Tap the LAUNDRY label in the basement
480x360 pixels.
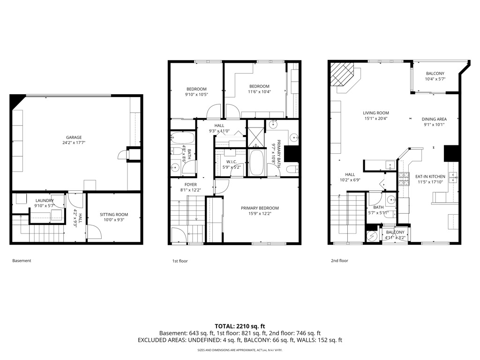[x=44, y=201]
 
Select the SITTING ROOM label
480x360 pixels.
[x=113, y=215]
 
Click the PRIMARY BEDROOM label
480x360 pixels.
[x=260, y=208]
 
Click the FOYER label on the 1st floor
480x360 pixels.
[x=191, y=184]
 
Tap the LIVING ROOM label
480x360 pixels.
[x=375, y=112]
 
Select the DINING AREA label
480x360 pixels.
[x=434, y=119]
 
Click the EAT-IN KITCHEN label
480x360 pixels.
[x=430, y=177]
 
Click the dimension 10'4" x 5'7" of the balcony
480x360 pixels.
[x=435, y=79]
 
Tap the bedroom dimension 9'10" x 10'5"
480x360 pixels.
[x=196, y=94]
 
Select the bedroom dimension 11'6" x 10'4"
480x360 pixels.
[x=259, y=91]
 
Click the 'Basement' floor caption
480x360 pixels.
[x=22, y=261]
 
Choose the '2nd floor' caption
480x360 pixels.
[x=339, y=261]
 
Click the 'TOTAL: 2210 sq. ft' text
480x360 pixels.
[x=240, y=326]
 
